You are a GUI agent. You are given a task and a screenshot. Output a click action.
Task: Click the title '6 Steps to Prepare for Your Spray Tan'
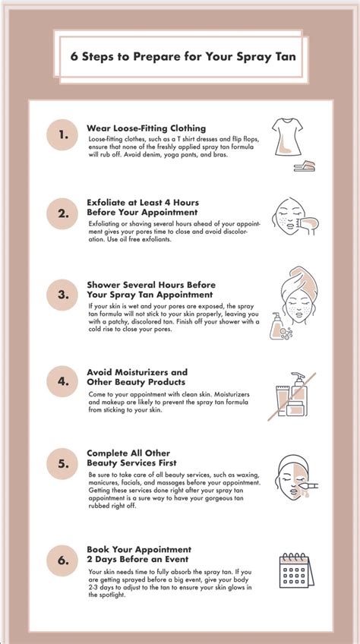click(179, 55)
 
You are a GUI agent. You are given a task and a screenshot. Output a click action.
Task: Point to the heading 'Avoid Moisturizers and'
click(137, 372)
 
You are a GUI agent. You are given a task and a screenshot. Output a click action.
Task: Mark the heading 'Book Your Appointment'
click(139, 548)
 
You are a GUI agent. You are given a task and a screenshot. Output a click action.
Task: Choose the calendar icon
click(294, 570)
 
